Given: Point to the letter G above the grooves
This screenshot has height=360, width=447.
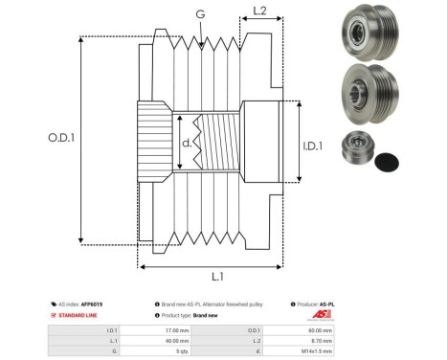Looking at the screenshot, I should tap(199, 14).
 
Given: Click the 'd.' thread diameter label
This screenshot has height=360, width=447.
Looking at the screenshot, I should tap(186, 145).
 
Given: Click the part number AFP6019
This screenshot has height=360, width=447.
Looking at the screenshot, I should tap(91, 304).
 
